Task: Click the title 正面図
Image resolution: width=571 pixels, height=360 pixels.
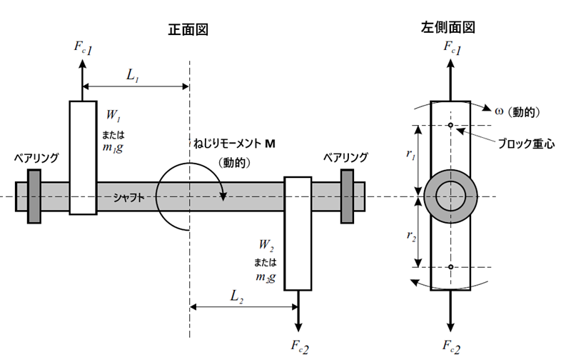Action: tap(188, 30)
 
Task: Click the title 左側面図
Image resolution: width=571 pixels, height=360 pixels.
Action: tap(448, 28)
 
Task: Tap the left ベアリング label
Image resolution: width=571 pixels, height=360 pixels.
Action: tap(36, 158)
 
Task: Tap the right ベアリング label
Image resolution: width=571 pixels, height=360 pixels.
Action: tap(345, 157)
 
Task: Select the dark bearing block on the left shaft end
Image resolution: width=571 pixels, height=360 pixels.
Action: tap(34, 196)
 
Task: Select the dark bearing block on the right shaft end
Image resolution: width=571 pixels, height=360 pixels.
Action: tap(347, 196)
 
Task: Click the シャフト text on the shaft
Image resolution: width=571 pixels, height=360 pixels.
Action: tap(128, 198)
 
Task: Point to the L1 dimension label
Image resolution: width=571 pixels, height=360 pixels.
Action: tap(133, 76)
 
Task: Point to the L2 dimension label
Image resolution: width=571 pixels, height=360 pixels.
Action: tap(237, 296)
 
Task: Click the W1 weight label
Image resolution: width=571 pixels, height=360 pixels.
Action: tap(113, 116)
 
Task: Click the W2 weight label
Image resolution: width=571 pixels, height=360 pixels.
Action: tap(266, 245)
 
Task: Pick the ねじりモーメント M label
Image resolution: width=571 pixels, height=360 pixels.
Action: tap(234, 144)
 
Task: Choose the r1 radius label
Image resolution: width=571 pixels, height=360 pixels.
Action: tap(411, 154)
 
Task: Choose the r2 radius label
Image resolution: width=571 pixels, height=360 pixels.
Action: tap(412, 236)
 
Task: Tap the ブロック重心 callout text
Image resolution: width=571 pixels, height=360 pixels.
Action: tap(526, 144)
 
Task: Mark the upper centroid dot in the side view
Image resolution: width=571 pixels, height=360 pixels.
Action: tap(450, 125)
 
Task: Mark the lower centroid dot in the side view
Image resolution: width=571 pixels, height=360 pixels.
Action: tap(450, 267)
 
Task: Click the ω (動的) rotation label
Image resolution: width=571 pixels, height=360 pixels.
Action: tap(517, 112)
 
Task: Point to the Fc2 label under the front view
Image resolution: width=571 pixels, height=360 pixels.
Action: tap(300, 346)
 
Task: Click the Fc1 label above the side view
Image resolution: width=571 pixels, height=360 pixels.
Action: tap(453, 48)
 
